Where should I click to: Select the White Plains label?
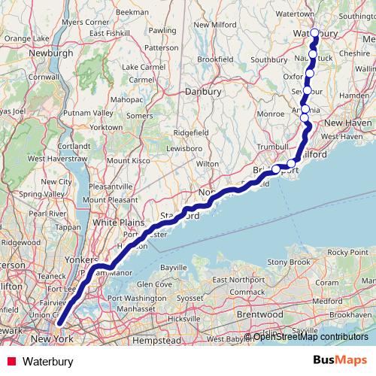(x=112, y=223)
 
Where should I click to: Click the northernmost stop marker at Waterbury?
(x=315, y=32)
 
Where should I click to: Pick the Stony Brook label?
(x=289, y=262)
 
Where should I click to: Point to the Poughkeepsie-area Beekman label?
(x=132, y=13)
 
